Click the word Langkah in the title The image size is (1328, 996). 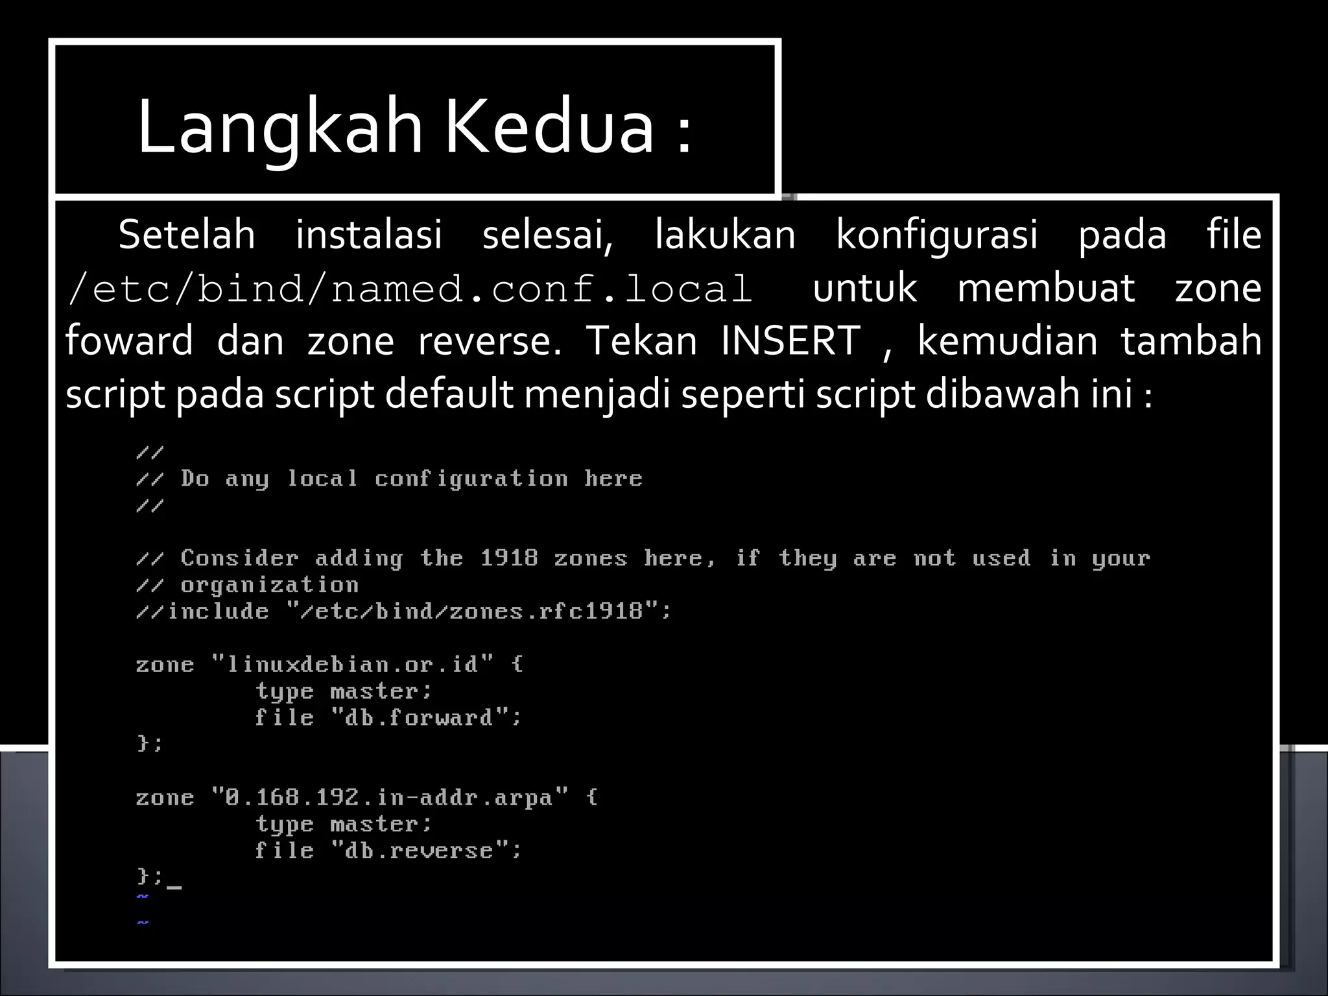pos(279,128)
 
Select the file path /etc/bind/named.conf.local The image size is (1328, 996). pos(410,288)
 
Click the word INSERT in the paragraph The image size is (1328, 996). pos(790,340)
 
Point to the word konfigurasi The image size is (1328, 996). pos(936,234)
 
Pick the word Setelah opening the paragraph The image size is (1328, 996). pos(187,234)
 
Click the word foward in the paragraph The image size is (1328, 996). pos(129,340)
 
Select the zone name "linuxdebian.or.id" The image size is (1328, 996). pos(353,665)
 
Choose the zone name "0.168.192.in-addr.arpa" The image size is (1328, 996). pos(390,798)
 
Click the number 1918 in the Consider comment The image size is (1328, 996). pos(509,558)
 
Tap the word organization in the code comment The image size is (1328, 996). pos(270,586)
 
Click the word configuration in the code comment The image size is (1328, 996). pos(471,479)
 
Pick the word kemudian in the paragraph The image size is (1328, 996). pos(1008,340)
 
